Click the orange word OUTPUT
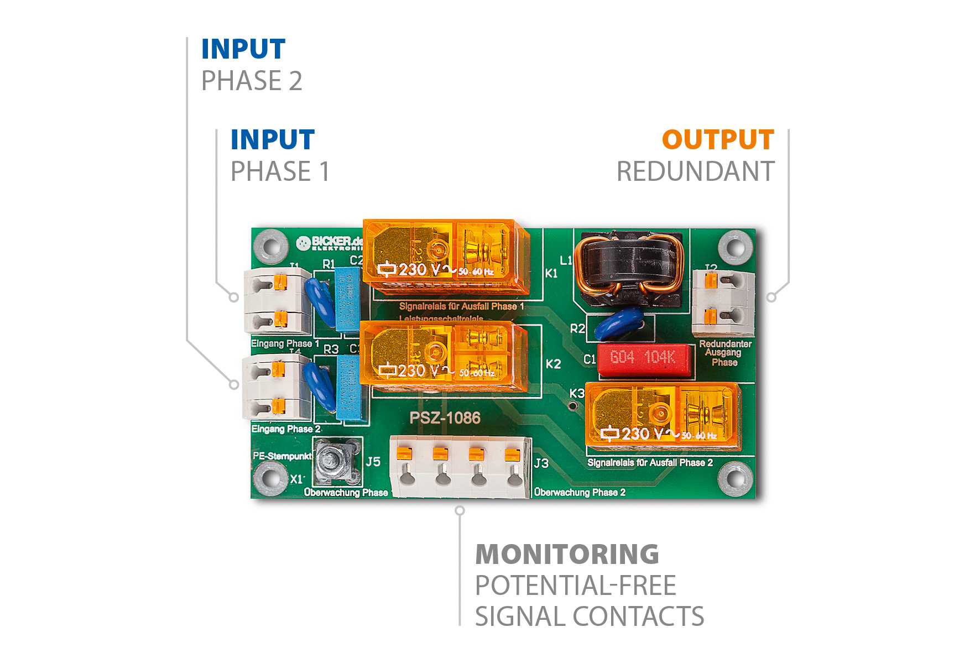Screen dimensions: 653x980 (x=717, y=140)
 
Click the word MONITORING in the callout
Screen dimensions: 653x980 (x=567, y=555)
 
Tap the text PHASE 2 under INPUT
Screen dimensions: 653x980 (x=252, y=81)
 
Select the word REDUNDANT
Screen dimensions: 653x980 (x=695, y=171)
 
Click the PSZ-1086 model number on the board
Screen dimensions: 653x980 (x=445, y=418)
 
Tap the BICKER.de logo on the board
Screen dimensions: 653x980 (x=330, y=242)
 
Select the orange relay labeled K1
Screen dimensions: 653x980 (x=446, y=258)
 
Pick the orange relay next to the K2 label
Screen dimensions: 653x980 (x=442, y=355)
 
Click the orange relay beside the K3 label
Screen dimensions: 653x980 (x=661, y=415)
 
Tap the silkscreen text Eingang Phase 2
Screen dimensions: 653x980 (x=286, y=429)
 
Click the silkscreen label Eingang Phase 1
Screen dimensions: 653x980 (x=285, y=343)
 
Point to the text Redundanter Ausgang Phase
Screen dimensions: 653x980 (x=725, y=353)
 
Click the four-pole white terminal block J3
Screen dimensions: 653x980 (x=460, y=467)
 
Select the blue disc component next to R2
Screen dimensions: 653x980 (x=619, y=324)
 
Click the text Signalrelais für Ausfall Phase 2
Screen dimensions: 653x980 (x=650, y=463)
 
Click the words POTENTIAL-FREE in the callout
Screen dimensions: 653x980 (x=576, y=586)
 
